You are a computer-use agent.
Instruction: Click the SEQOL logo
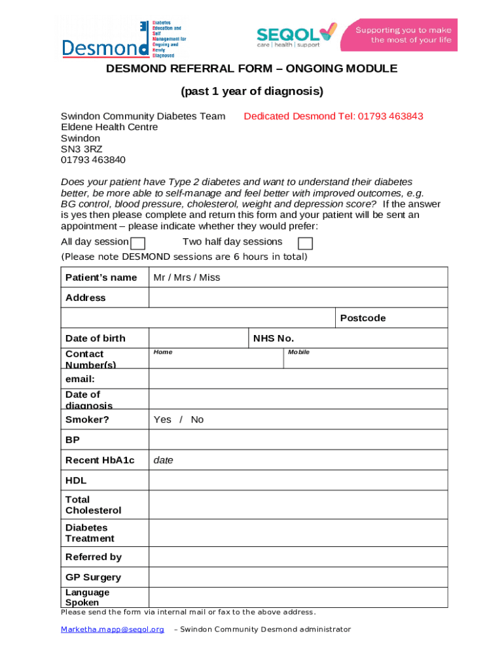pyautogui.click(x=296, y=36)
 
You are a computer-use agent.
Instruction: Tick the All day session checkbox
pyautogui.click(x=137, y=244)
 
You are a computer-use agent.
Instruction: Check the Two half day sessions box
pyautogui.click(x=305, y=244)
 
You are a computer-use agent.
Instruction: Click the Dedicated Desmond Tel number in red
pyautogui.click(x=333, y=116)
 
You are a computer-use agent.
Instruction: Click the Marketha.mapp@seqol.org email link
pyautogui.click(x=113, y=629)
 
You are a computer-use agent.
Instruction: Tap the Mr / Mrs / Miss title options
pyautogui.click(x=187, y=277)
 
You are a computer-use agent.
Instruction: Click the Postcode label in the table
pyautogui.click(x=363, y=318)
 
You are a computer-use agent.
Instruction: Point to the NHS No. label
pyautogui.click(x=274, y=338)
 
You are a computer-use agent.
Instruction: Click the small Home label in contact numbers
pyautogui.click(x=163, y=352)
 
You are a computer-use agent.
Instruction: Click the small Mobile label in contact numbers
pyautogui.click(x=298, y=352)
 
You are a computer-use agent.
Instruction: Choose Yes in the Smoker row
pyautogui.click(x=162, y=419)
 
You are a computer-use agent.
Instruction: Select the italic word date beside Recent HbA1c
pyautogui.click(x=164, y=460)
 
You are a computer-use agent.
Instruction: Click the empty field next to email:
pyautogui.click(x=298, y=379)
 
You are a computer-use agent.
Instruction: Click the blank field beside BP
pyautogui.click(x=298, y=440)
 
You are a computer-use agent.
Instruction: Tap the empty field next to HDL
pyautogui.click(x=298, y=480)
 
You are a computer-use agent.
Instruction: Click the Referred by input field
pyautogui.click(x=298, y=557)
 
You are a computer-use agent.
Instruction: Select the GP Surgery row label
pyautogui.click(x=93, y=577)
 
